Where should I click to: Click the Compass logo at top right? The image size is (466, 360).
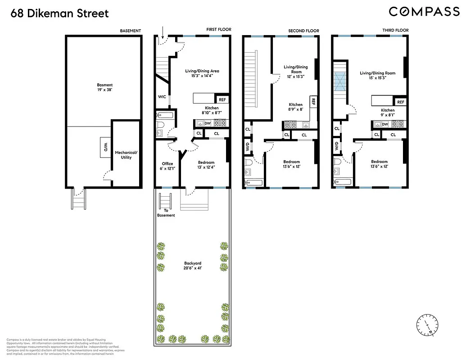pos(424,12)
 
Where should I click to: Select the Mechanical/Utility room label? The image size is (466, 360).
pos(126,155)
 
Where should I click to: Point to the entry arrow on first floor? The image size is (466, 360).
pos(163,33)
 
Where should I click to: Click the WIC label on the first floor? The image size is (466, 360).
pos(162,97)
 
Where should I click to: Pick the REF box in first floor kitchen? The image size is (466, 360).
pos(222,100)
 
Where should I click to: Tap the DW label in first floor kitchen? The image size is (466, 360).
pos(208,123)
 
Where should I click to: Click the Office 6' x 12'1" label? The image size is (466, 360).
pos(167,166)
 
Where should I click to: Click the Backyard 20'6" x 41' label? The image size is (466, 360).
pos(192,265)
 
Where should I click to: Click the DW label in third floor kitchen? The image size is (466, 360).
pos(385,124)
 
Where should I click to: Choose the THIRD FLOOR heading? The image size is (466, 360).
pos(395,30)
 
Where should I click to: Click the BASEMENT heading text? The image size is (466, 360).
pos(130,31)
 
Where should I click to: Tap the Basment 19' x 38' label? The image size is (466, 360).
pos(105,87)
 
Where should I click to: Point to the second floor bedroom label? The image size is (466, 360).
pos(291,164)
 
